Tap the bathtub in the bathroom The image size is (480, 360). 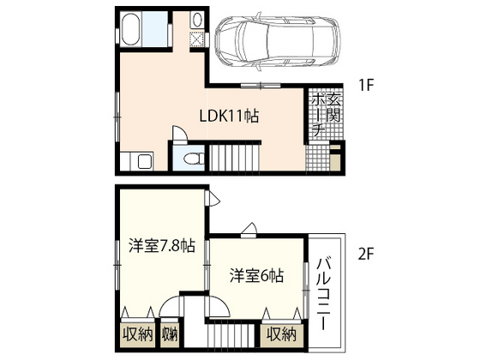pyautogui.click(x=134, y=30)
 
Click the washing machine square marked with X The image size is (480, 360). pyautogui.click(x=196, y=39)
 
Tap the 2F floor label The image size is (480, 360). pyautogui.click(x=367, y=253)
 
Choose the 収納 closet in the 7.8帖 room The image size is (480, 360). pyautogui.click(x=136, y=333)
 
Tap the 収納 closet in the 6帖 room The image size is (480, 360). pyautogui.click(x=280, y=333)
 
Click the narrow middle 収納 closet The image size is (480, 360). pyautogui.click(x=169, y=333)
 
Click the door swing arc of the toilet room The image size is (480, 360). pyautogui.click(x=179, y=134)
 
